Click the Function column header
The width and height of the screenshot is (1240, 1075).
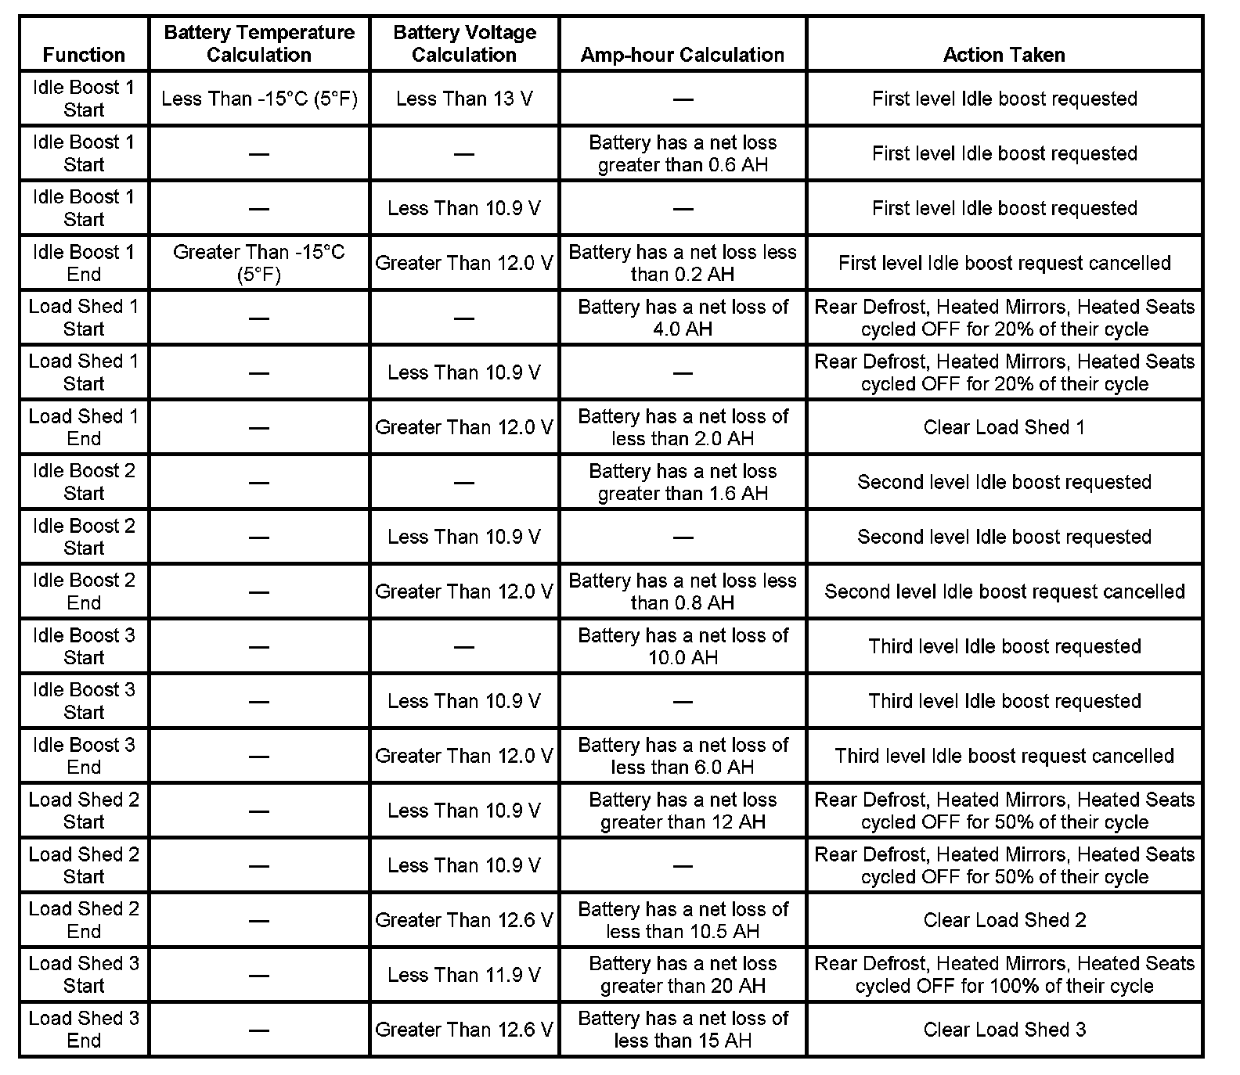pyautogui.click(x=84, y=54)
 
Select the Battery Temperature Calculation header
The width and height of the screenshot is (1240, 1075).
pyautogui.click(x=259, y=44)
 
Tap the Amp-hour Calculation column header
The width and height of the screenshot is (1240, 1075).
pyautogui.click(x=683, y=54)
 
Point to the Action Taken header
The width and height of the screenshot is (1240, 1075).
pyautogui.click(x=1004, y=54)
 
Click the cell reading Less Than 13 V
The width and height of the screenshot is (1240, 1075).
pyautogui.click(x=464, y=99)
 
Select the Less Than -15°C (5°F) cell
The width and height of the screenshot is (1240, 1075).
pyautogui.click(x=259, y=99)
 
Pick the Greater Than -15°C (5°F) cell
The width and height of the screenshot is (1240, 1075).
pyautogui.click(x=259, y=263)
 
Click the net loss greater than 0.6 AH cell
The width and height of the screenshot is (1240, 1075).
pyautogui.click(x=683, y=153)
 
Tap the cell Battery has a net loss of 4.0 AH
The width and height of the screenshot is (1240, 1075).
pyautogui.click(x=683, y=318)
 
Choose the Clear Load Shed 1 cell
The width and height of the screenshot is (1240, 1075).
pyautogui.click(x=1004, y=427)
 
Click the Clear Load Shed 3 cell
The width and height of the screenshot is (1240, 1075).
pyautogui.click(x=1004, y=1030)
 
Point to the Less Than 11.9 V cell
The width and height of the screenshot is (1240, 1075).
pyautogui.click(x=464, y=975)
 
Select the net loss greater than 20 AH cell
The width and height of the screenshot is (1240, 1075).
pyautogui.click(x=683, y=975)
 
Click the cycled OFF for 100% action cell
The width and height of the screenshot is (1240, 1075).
pyautogui.click(x=1004, y=975)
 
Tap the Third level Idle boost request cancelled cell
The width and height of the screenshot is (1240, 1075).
pyautogui.click(x=1004, y=756)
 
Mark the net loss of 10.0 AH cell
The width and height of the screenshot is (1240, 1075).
pyautogui.click(x=683, y=646)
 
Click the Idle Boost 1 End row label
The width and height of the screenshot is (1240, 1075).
pyautogui.click(x=84, y=263)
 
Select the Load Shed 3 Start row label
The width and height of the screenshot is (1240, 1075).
pyautogui.click(x=84, y=975)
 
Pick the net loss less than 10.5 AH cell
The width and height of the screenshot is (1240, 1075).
pyautogui.click(x=683, y=920)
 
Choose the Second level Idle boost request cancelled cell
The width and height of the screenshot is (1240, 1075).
pyautogui.click(x=1004, y=591)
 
